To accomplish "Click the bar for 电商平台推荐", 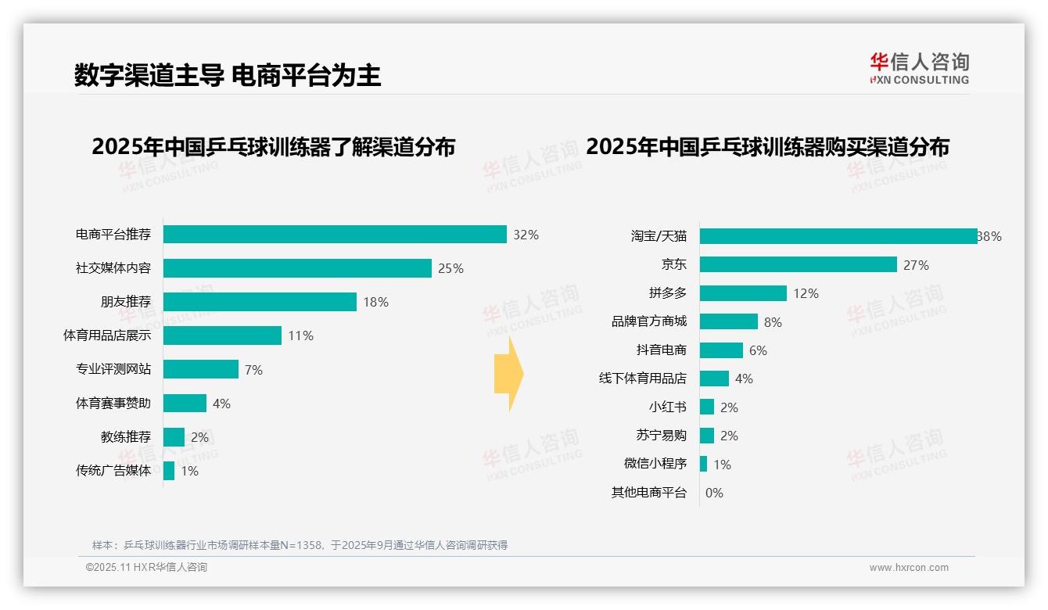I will (x=335, y=235).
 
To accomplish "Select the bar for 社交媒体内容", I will (x=297, y=268).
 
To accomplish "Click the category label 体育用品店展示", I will (x=107, y=335).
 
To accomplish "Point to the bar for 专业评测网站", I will (x=201, y=369).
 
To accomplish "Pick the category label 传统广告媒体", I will (x=113, y=471).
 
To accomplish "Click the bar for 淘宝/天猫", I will (x=838, y=236).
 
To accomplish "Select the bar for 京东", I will (x=798, y=264).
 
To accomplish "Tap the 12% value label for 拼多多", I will (x=806, y=293).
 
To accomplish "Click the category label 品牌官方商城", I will (x=648, y=321).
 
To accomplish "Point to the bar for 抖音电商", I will (x=721, y=350).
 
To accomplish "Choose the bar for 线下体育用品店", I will (x=714, y=379).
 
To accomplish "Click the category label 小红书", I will (x=667, y=407).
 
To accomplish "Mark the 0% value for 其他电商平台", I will (x=714, y=493).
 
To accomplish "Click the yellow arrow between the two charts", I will (x=508, y=374).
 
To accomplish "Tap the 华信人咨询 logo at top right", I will (x=919, y=69).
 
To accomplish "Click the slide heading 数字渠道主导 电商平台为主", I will (x=228, y=75).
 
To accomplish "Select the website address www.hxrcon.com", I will (x=909, y=568).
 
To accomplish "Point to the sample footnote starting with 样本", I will (x=300, y=545).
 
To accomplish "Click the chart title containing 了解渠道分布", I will (x=273, y=147).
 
